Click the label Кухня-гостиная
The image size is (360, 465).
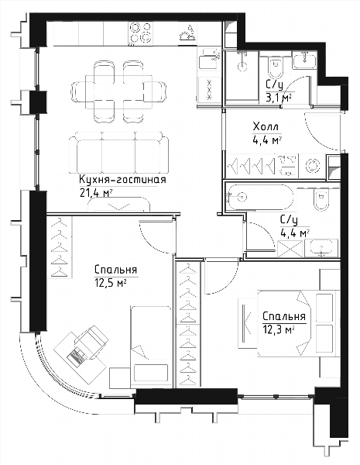(x=122, y=180)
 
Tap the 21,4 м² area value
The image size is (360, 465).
(x=96, y=193)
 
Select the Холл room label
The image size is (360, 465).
(x=266, y=127)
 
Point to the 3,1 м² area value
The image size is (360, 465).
(x=278, y=98)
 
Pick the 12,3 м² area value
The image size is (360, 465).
(x=278, y=329)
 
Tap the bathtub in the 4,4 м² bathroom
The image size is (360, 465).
(x=259, y=197)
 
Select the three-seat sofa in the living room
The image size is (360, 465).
(x=118, y=153)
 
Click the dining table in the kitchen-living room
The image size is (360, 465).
(x=118, y=91)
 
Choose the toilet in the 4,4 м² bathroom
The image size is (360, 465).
(x=321, y=199)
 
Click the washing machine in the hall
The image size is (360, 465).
(x=312, y=166)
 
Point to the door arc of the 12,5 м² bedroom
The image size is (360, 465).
(x=153, y=240)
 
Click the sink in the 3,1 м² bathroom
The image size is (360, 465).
(x=304, y=60)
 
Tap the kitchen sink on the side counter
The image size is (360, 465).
(x=210, y=58)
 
